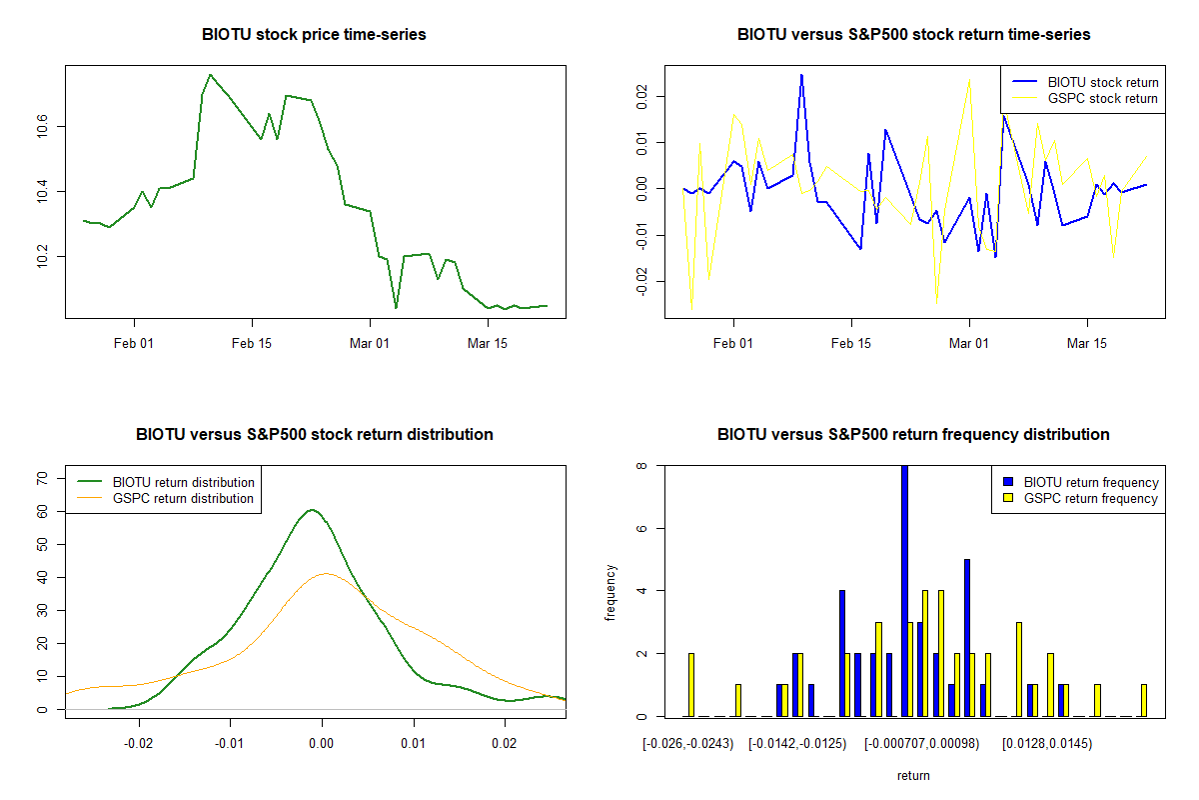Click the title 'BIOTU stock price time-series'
click(314, 35)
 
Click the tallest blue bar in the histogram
click(904, 590)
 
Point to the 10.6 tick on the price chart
click(45, 127)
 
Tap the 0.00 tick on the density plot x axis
click(321, 743)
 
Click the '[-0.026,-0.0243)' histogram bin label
click(689, 743)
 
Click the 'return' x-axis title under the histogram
click(913, 775)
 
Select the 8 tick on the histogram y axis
click(644, 466)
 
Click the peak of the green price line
click(210, 74)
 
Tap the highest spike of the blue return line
click(801, 74)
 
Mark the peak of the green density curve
click(312, 510)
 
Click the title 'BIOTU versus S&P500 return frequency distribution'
click(913, 435)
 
